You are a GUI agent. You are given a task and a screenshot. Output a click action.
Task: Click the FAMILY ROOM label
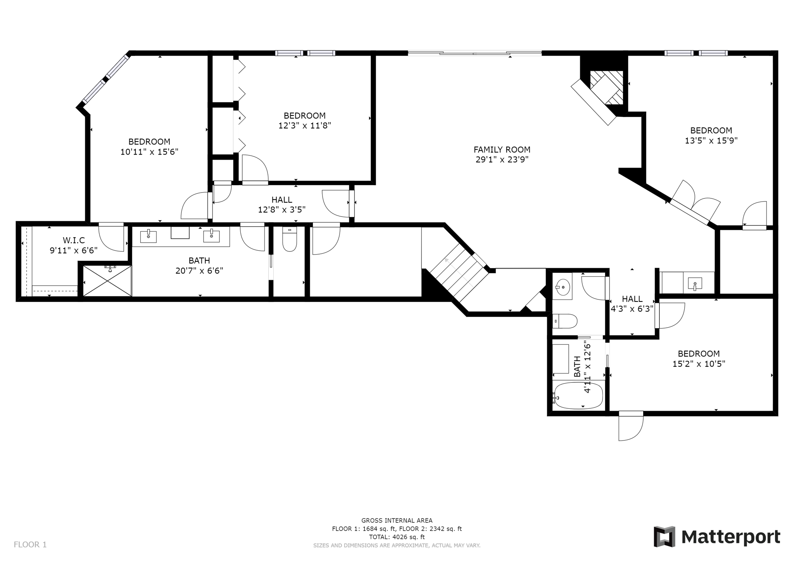pos(502,150)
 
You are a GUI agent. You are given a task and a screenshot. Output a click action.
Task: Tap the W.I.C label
pos(74,240)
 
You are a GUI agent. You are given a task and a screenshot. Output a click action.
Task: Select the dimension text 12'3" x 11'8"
pos(305,126)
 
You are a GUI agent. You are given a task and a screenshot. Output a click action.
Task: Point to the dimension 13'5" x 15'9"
pos(711,141)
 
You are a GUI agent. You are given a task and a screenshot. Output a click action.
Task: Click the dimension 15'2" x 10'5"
pos(699,364)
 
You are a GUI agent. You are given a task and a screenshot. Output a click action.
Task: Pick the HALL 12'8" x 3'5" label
pos(282,205)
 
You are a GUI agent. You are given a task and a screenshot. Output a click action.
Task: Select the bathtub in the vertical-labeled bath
pos(578,395)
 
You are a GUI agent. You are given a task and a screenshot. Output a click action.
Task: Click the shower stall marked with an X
pos(107,280)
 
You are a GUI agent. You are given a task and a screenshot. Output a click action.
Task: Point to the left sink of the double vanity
pos(148,236)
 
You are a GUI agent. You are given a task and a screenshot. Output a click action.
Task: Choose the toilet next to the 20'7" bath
pos(290,239)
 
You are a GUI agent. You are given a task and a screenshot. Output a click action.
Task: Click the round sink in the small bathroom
pos(562,287)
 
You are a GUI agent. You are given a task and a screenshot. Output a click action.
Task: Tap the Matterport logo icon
pos(664,537)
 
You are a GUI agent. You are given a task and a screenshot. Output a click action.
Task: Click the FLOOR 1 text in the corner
pos(30,544)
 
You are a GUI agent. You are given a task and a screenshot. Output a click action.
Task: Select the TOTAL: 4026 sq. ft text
pos(397,537)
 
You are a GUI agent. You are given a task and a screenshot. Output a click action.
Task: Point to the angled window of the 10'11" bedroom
pos(105,79)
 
